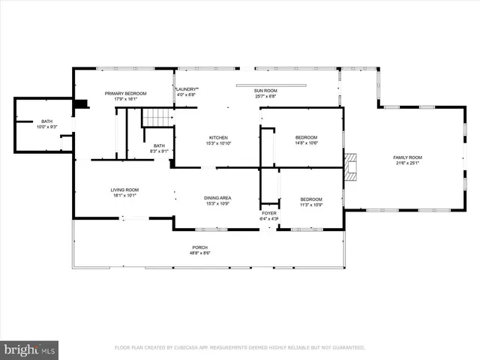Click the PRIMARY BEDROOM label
coord(125,93)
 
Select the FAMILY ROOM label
coord(408,157)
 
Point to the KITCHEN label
coord(218,138)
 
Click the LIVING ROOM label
coord(125,190)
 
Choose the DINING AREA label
coord(217,198)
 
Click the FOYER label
coord(268,213)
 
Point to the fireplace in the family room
coord(350,167)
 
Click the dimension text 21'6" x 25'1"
coord(408,163)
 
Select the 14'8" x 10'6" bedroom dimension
coord(306,143)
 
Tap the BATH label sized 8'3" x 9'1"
coord(159,145)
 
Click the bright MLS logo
coord(30,349)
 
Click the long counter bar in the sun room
coord(271,85)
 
